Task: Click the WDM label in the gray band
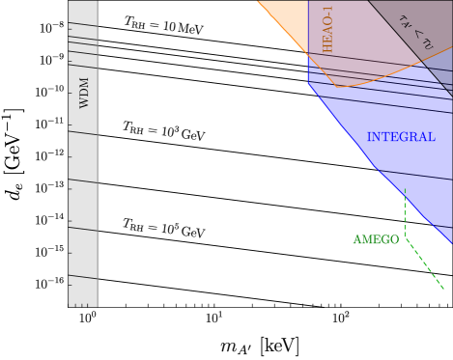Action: (x=84, y=93)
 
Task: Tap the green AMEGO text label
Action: (x=376, y=239)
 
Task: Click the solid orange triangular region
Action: (x=290, y=21)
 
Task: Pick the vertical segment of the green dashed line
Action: (x=405, y=212)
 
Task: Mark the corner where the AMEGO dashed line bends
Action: (x=405, y=237)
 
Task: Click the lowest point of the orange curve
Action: (x=337, y=87)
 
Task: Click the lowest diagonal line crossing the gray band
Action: (x=83, y=278)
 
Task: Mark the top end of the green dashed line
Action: (x=405, y=189)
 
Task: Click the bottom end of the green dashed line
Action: (x=444, y=289)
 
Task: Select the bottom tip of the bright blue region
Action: (x=450, y=244)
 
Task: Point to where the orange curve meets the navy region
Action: (x=421, y=63)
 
